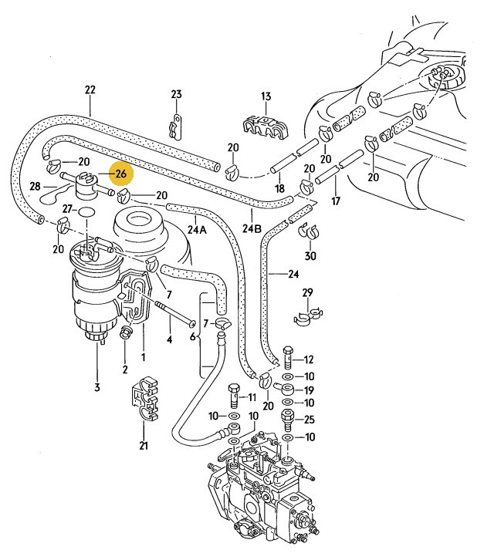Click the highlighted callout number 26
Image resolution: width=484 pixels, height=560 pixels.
tap(121, 174)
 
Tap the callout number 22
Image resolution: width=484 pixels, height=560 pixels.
tap(90, 89)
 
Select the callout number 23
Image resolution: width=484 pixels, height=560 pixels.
tap(176, 94)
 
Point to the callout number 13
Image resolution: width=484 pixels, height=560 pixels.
tap(266, 96)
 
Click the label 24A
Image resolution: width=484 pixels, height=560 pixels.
tap(198, 229)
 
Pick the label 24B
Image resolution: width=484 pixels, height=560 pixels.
tap(252, 228)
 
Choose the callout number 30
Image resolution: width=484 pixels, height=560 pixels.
tap(310, 256)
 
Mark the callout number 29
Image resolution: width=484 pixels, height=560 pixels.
tap(307, 293)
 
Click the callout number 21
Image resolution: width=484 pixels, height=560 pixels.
tap(144, 445)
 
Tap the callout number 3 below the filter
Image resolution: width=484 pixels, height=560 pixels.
tap(97, 387)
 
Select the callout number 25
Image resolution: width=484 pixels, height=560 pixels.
tap(310, 420)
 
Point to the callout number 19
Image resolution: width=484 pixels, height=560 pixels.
tap(309, 390)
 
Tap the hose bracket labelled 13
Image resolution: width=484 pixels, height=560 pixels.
tap(266, 127)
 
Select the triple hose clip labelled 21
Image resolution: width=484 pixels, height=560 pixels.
tap(144, 397)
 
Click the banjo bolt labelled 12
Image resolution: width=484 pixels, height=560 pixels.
tap(289, 356)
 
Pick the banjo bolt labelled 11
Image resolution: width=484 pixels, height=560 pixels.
tap(233, 396)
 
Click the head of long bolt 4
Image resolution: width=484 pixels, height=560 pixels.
tap(192, 323)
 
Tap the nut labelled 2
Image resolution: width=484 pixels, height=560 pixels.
tap(126, 332)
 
